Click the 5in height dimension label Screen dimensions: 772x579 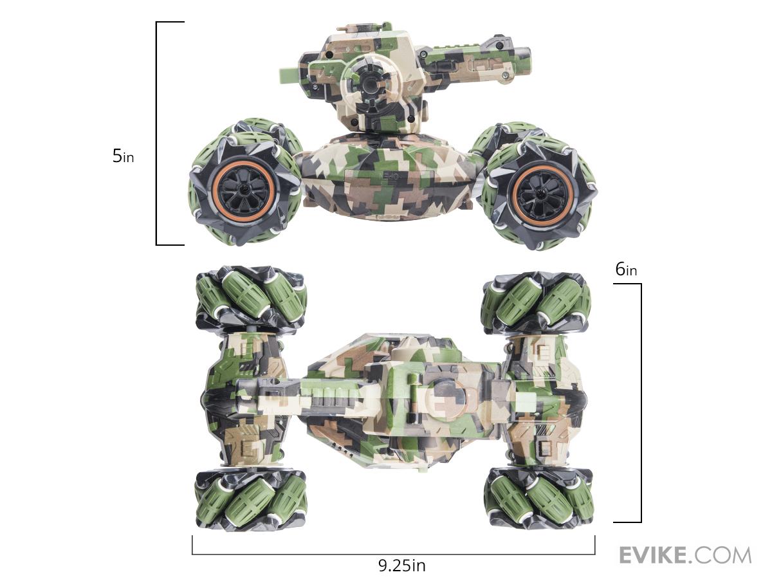click(x=123, y=156)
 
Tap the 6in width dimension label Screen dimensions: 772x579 click(x=626, y=270)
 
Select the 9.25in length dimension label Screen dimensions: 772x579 click(x=402, y=565)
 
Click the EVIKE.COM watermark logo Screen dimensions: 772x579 click(x=685, y=555)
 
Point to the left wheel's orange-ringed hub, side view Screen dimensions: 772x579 click(x=243, y=190)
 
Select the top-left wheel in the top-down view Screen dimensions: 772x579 click(x=251, y=297)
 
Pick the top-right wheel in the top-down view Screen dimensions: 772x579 click(x=536, y=303)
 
